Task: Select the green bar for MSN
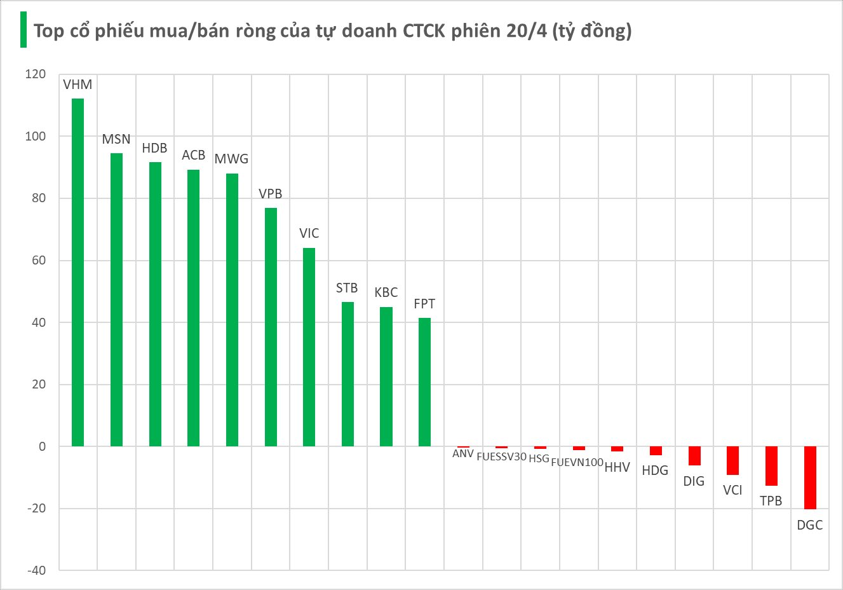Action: pos(116,299)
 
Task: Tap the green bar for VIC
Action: pos(309,347)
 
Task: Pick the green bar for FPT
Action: pos(424,382)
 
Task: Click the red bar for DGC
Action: pos(810,477)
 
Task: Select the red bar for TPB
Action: pos(771,466)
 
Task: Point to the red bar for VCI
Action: pos(732,460)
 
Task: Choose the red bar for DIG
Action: pos(694,456)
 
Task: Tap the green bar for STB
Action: pos(347,374)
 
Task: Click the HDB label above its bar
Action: pos(154,148)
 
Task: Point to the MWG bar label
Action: pos(231,159)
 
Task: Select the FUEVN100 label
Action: pos(577,462)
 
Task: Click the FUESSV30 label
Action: pos(502,456)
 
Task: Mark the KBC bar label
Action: pos(386,292)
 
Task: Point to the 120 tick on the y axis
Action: pos(36,74)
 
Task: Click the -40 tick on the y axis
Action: pos(36,570)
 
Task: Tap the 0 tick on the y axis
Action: pos(42,446)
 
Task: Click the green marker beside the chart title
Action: pos(24,30)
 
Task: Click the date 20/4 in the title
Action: pos(527,31)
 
